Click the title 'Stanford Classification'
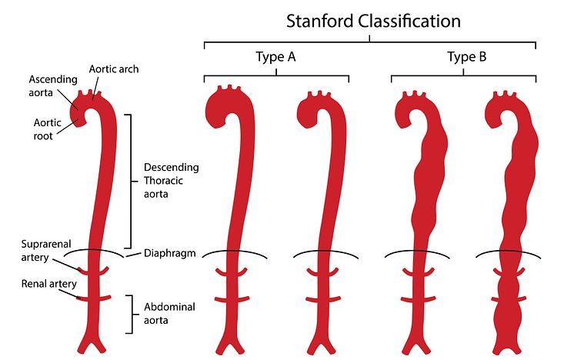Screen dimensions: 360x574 pyautogui.click(x=373, y=20)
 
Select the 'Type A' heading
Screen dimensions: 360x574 pyautogui.click(x=275, y=57)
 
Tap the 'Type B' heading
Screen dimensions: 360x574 pyautogui.click(x=466, y=57)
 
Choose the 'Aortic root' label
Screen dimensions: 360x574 pyautogui.click(x=48, y=128)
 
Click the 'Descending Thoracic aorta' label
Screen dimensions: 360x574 pyautogui.click(x=171, y=182)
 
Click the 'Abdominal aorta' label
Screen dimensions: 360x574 pyautogui.click(x=169, y=313)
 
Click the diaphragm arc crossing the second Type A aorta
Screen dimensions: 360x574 pyautogui.click(x=322, y=255)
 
